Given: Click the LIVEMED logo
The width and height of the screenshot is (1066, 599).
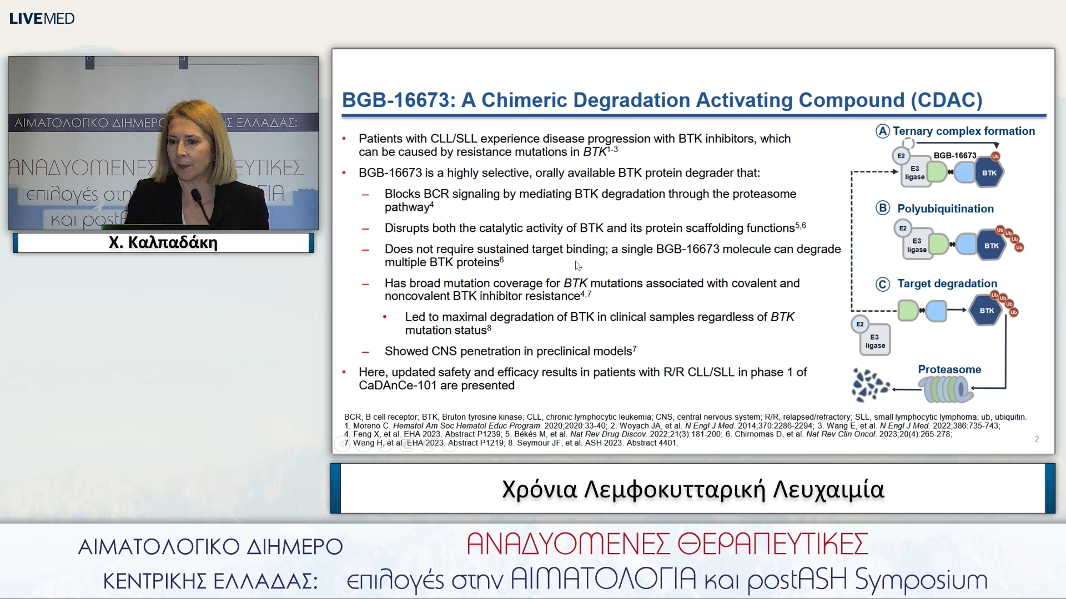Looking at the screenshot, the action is pyautogui.click(x=42, y=18).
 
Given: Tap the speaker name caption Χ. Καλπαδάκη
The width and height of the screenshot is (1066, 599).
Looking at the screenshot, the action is pyautogui.click(x=163, y=242).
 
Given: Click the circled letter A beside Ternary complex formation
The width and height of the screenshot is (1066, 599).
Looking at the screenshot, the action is pyautogui.click(x=883, y=131).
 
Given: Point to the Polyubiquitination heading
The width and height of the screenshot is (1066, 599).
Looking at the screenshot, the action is pyautogui.click(x=946, y=209).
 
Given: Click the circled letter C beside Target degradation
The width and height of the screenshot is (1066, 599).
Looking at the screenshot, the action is pyautogui.click(x=883, y=284).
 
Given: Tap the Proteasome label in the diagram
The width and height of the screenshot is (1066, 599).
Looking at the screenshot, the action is pyautogui.click(x=949, y=369).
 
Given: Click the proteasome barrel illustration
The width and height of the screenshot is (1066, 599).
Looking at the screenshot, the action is pyautogui.click(x=946, y=389).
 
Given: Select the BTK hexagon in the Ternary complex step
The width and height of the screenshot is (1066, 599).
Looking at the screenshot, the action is pyautogui.click(x=989, y=173).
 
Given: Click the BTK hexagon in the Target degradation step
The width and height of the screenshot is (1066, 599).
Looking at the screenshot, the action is pyautogui.click(x=987, y=311).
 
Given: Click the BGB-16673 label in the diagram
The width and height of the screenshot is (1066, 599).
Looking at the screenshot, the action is pyautogui.click(x=954, y=155).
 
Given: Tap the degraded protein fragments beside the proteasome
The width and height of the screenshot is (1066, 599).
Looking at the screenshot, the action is pyautogui.click(x=870, y=385).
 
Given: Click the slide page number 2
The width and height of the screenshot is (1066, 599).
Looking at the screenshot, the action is pyautogui.click(x=1037, y=439).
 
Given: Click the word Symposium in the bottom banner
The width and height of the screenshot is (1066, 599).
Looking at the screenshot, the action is pyautogui.click(x=921, y=580).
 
